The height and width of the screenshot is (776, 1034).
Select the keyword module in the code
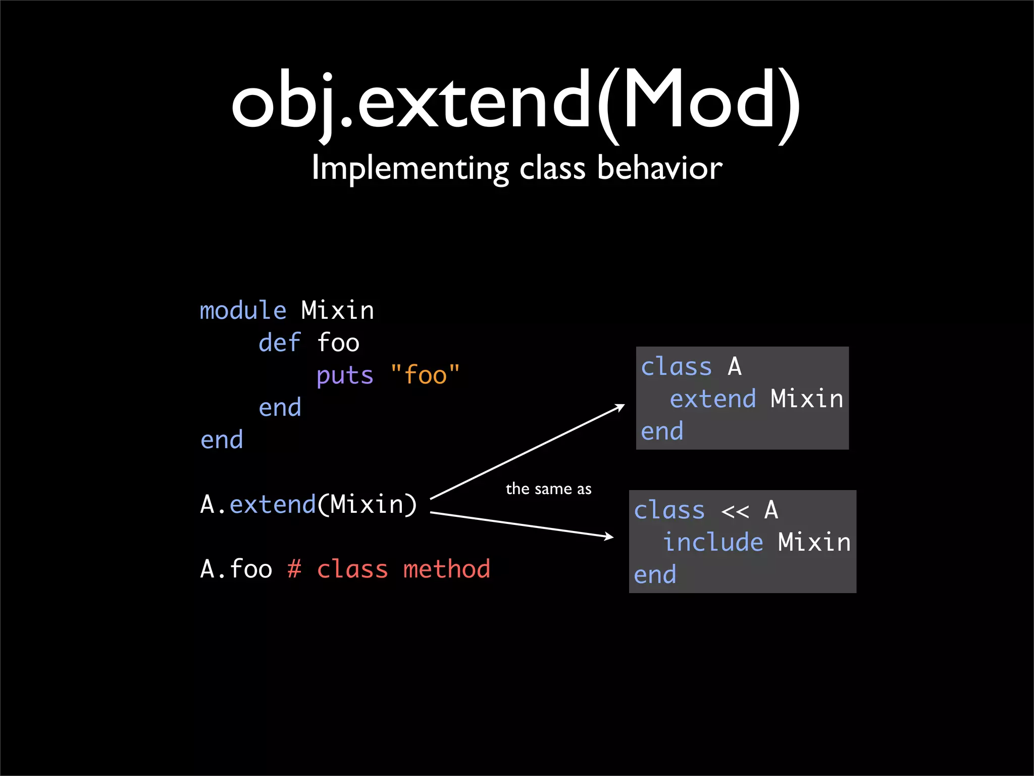pyautogui.click(x=243, y=310)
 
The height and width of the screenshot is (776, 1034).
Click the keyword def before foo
pyautogui.click(x=280, y=343)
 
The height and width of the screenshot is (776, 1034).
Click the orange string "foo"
pyautogui.click(x=426, y=375)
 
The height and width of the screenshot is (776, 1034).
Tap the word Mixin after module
pyautogui.click(x=337, y=310)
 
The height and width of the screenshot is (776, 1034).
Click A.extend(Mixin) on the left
pyautogui.click(x=308, y=504)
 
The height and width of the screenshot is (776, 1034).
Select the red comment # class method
pyautogui.click(x=389, y=569)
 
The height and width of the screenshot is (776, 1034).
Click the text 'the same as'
pyautogui.click(x=548, y=489)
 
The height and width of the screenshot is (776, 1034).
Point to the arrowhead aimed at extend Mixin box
pyautogui.click(x=621, y=407)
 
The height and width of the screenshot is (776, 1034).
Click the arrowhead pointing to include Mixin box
pyautogui.click(x=609, y=537)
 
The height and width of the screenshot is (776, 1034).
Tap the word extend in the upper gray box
pyautogui.click(x=712, y=399)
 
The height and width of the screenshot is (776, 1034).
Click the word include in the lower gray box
pyautogui.click(x=712, y=543)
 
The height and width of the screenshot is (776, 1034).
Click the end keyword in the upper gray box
pyautogui.click(x=661, y=431)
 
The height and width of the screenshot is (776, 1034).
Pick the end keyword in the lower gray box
pyautogui.click(x=654, y=575)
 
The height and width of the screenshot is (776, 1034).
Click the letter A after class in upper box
pyautogui.click(x=735, y=367)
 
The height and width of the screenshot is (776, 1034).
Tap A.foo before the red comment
pyautogui.click(x=236, y=569)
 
